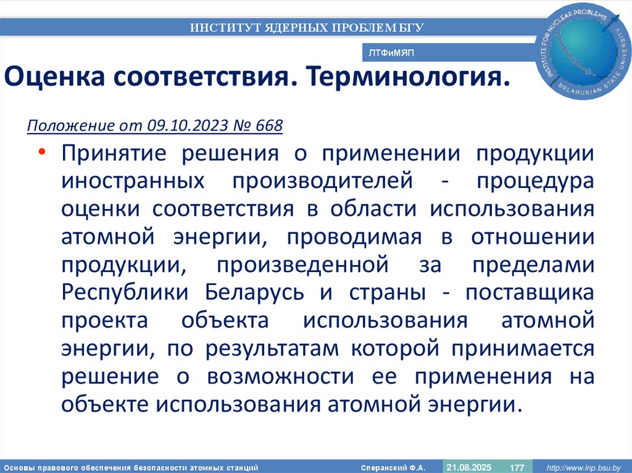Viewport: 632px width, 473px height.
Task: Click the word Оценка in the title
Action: (52, 78)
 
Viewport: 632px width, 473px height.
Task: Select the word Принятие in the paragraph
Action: (113, 154)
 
